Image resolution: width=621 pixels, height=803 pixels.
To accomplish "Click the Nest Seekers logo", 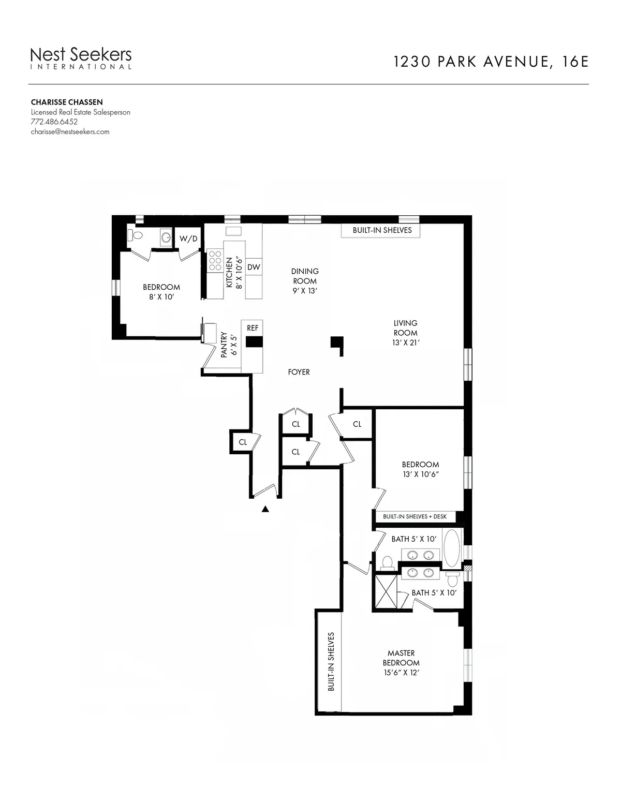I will click(x=81, y=57).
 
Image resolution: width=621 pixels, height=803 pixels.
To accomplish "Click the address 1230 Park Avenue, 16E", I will click(x=491, y=62).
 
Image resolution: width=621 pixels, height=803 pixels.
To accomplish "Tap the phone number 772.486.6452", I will click(x=54, y=122).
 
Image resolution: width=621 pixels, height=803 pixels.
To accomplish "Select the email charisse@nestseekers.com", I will click(x=70, y=131).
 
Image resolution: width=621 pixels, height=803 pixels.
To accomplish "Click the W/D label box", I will click(x=188, y=239).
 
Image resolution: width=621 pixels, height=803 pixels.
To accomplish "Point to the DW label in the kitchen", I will click(x=253, y=267).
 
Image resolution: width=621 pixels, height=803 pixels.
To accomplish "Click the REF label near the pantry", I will click(x=253, y=328).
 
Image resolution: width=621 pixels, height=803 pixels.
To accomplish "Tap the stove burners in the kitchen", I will click(x=214, y=261).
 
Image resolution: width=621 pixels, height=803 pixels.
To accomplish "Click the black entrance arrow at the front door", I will click(x=265, y=509).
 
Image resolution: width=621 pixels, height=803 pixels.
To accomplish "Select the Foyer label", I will click(x=299, y=371).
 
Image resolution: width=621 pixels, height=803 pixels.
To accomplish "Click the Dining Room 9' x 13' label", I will click(x=305, y=281).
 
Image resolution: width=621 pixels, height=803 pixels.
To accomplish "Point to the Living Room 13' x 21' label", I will click(x=405, y=333).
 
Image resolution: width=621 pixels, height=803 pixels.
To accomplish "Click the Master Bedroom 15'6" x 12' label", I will click(x=401, y=663).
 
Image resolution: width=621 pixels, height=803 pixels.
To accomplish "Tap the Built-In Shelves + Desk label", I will click(x=415, y=516).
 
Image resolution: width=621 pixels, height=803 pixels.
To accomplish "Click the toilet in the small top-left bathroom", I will click(x=137, y=235).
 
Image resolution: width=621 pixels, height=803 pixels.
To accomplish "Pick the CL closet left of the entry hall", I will click(x=242, y=442).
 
